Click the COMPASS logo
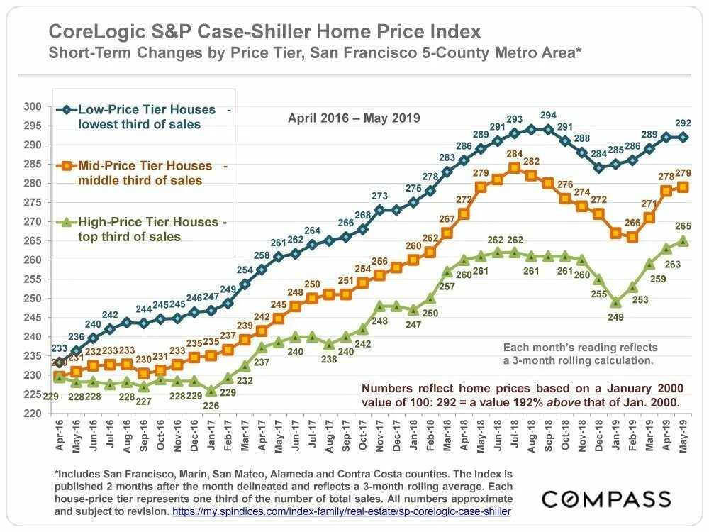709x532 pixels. click(x=606, y=499)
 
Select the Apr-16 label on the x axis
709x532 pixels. click(x=59, y=437)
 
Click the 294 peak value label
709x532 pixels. click(x=549, y=116)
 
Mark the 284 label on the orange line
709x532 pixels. click(x=514, y=154)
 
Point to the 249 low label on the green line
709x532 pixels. click(x=615, y=317)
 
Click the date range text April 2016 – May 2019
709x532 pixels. click(x=354, y=118)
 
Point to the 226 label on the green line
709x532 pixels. click(x=211, y=406)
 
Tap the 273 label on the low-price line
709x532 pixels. click(x=380, y=196)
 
